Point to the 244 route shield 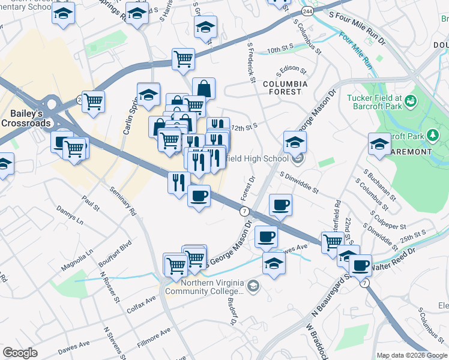point(307,11)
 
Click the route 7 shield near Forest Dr point(244,211)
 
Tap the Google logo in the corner point(20,353)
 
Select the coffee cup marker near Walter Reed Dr point(360,265)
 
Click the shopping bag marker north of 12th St point(203,89)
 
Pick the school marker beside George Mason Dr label point(295,142)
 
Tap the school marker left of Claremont point(379,145)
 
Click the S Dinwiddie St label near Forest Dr point(298,181)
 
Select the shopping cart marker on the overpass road point(183,59)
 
